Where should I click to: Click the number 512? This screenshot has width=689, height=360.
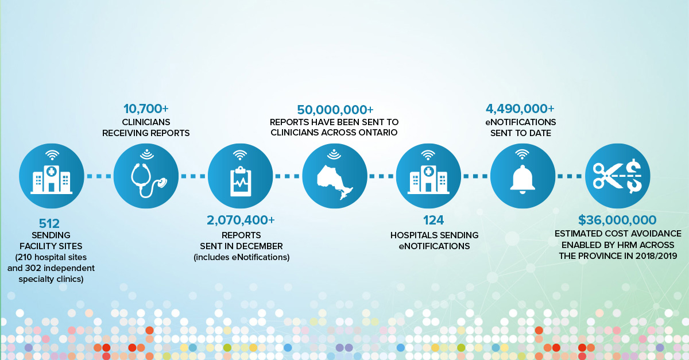pyautogui.click(x=50, y=223)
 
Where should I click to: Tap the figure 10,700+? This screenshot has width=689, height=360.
pyautogui.click(x=146, y=109)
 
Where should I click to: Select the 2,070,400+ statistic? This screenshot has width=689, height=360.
pyautogui.click(x=241, y=220)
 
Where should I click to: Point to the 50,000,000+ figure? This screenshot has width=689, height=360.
pyautogui.click(x=335, y=110)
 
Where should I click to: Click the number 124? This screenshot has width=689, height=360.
pyautogui.click(x=433, y=220)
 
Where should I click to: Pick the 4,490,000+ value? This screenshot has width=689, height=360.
pyautogui.click(x=520, y=109)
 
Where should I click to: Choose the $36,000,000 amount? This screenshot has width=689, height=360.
pyautogui.click(x=617, y=220)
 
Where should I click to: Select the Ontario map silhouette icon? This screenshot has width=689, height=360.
pyautogui.click(x=335, y=179)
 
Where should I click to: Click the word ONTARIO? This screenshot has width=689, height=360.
pyautogui.click(x=376, y=133)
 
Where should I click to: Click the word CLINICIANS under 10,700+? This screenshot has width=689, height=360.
pyautogui.click(x=146, y=122)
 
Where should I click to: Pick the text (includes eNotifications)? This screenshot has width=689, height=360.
pyautogui.click(x=241, y=257)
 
